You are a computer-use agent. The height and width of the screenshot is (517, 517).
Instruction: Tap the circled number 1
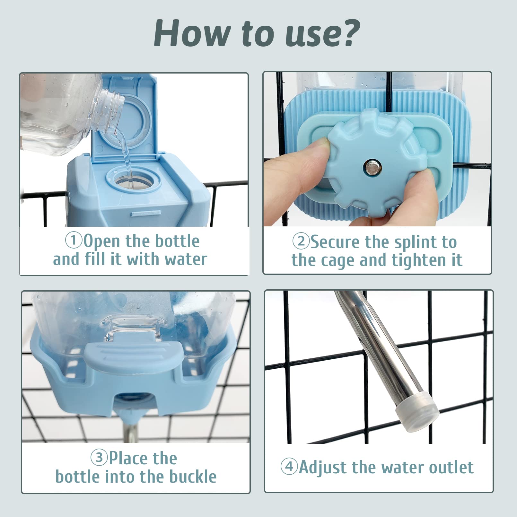tap(74, 241)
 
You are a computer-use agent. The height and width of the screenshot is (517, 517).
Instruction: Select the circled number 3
tap(99, 457)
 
